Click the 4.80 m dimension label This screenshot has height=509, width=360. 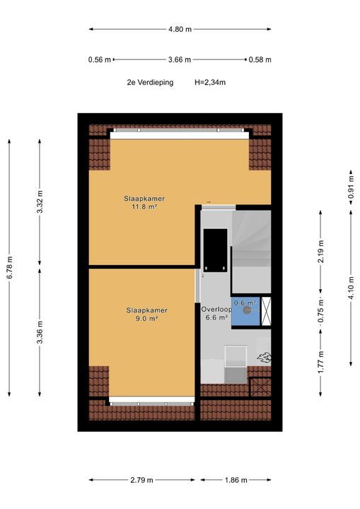point(180,29)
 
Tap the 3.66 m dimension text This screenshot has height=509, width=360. point(180,59)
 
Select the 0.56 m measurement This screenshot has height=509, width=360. point(100,59)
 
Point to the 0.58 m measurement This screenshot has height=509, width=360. point(260,59)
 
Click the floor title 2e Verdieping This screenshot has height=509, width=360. point(150,83)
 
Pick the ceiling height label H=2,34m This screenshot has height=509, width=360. point(210,83)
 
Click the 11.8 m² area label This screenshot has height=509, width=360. point(144,206)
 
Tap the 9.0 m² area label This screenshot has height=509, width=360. point(146,318)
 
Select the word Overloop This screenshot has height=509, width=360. point(216,310)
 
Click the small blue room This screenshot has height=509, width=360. point(245,311)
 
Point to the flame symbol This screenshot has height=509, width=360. point(264,358)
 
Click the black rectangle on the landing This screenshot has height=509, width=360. point(215,250)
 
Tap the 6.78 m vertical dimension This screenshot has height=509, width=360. point(10,267)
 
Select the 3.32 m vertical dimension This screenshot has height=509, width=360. point(40,202)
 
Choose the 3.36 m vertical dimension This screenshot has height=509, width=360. point(40,332)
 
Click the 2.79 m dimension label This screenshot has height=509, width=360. point(141,480)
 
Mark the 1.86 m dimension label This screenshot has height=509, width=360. point(236,480)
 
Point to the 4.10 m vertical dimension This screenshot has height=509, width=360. point(351,288)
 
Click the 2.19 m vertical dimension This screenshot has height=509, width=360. point(320,252)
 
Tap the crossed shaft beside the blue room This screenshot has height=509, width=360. point(266,311)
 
